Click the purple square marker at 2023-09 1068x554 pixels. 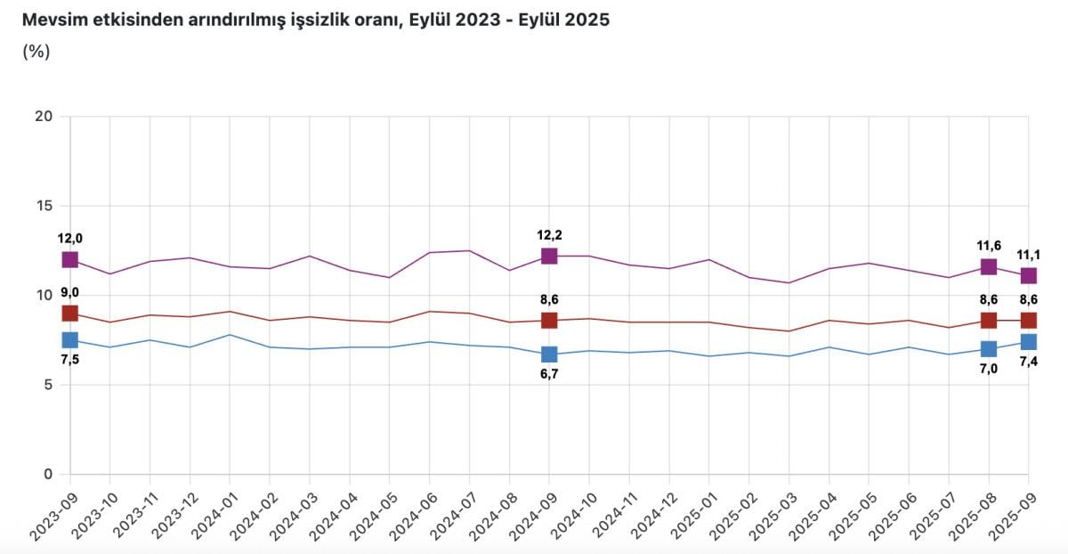[x=69, y=260]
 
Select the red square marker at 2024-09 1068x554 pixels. [x=549, y=321]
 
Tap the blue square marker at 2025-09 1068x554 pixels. [x=1028, y=342]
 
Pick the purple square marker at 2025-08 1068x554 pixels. [x=988, y=267]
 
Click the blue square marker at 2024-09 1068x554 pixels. [x=549, y=354]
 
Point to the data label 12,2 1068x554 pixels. [x=550, y=235]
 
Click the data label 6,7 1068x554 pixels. [x=549, y=375]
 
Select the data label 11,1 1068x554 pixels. [x=1028, y=255]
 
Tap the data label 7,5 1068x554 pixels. [x=69, y=360]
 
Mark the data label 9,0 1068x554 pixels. [x=69, y=293]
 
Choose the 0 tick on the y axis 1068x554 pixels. [x=49, y=474]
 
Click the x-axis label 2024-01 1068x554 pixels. [x=211, y=511]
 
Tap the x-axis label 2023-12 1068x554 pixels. [x=171, y=511]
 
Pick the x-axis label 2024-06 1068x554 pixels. [x=410, y=511]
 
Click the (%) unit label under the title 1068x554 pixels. [x=36, y=51]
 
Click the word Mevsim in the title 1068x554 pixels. [x=51, y=20]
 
